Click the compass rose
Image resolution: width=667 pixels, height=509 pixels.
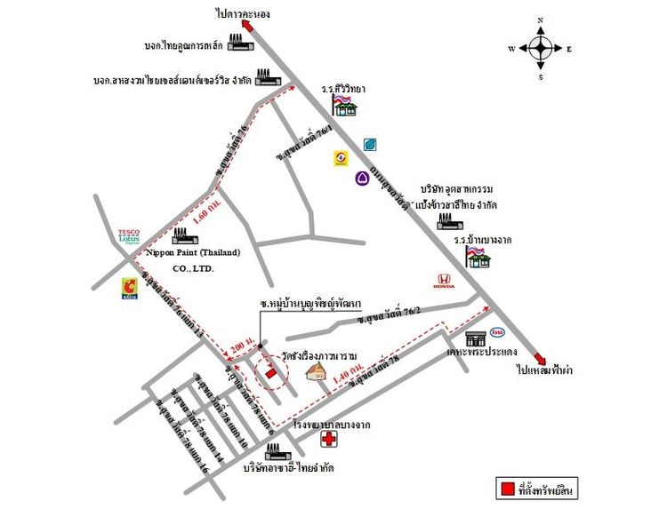tap(541, 48)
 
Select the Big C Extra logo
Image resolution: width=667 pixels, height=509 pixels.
tap(132, 287)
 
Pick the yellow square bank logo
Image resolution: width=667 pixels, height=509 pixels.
tap(341, 158)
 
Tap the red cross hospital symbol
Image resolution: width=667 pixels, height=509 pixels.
tap(329, 440)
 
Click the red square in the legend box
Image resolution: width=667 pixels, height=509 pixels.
tap(506, 489)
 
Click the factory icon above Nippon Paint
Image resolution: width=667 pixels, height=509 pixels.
tap(184, 236)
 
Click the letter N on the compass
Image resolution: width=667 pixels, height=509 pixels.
tap(541, 20)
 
